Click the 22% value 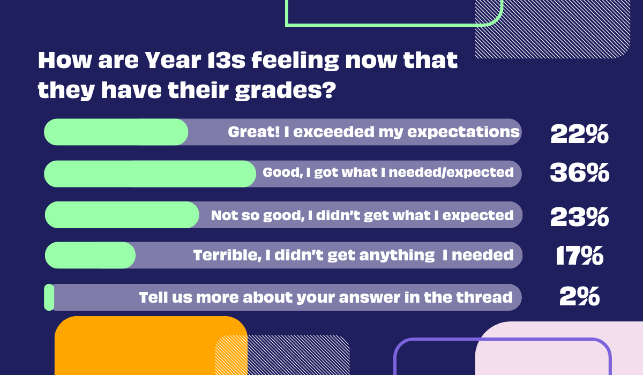579,134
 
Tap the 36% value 580,172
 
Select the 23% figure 580,217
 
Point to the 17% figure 580,256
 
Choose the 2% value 580,296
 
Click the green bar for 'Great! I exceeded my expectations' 116,132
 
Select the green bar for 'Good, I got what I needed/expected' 150,174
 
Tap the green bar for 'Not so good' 122,215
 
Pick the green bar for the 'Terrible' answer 90,256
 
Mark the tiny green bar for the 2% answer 49,297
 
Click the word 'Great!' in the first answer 254,132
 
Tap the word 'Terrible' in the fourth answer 227,255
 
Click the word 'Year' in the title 173,60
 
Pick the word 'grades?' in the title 285,91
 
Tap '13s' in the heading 226,60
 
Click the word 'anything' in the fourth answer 397,256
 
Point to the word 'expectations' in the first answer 463,132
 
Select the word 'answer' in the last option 369,298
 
